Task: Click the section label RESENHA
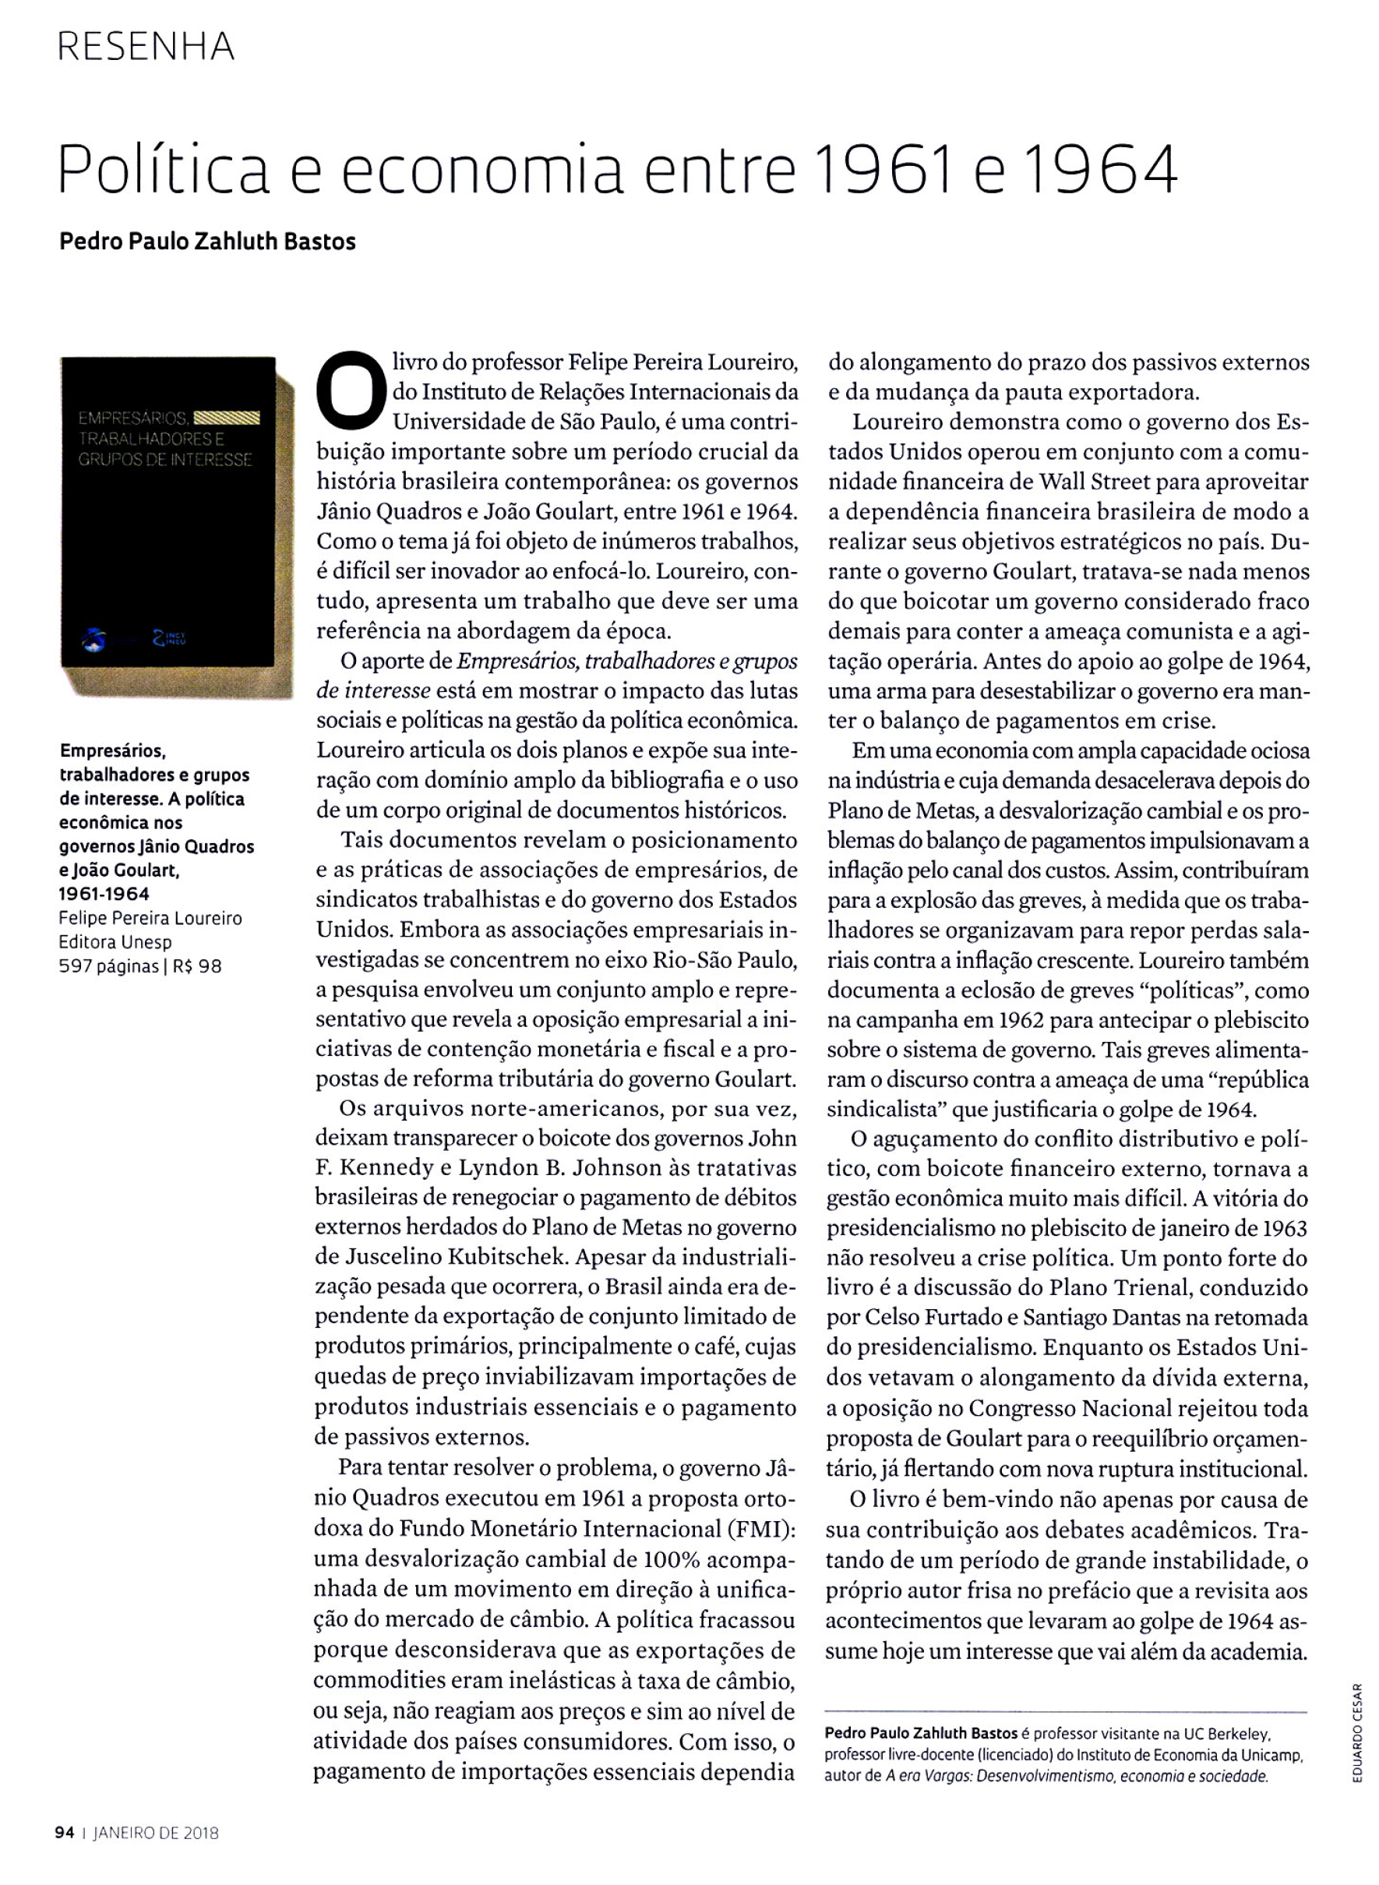click(x=146, y=47)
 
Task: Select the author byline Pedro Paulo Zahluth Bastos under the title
click(x=208, y=242)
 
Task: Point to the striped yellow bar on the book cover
click(x=227, y=418)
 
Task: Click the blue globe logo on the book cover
click(x=93, y=641)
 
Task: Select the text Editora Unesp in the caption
click(x=115, y=943)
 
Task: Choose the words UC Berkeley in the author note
click(x=1227, y=1734)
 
